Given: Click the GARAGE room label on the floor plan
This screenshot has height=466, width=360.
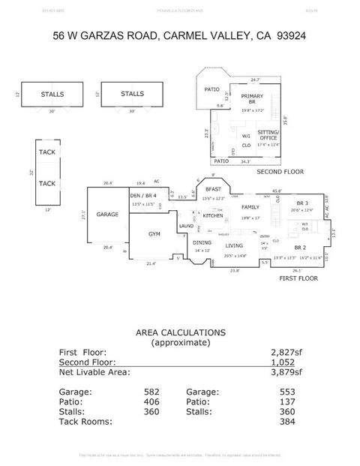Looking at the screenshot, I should click(107, 215).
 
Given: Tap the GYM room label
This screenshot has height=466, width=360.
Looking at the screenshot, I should click(154, 235).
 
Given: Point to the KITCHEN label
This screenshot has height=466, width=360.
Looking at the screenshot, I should click(214, 215).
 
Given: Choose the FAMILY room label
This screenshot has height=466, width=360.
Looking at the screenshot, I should click(250, 206).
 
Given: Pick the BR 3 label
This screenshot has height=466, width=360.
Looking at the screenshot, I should click(302, 203).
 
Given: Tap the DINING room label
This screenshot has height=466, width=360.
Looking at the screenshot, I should click(202, 243).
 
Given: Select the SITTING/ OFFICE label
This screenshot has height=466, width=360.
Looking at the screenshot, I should click(268, 134).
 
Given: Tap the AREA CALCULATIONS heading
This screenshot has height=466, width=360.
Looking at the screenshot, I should click(179, 332).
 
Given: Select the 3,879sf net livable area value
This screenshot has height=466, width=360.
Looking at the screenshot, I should click(286, 371).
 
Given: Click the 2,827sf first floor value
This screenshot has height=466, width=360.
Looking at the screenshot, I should click(286, 351).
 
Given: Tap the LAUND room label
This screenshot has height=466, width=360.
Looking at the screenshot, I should click(186, 226).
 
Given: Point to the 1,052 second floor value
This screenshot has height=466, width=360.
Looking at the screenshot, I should click(283, 361).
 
